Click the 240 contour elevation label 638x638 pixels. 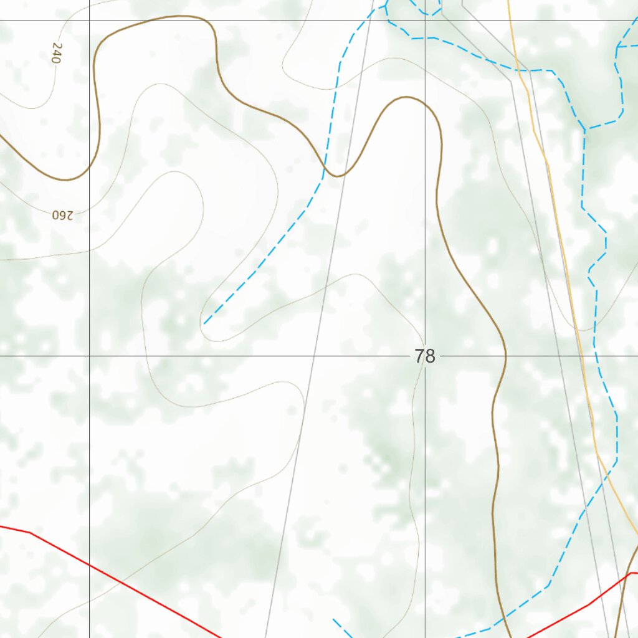[57, 54]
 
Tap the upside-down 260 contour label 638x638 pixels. [62, 215]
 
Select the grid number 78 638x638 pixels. [425, 356]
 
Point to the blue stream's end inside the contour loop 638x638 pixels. [204, 323]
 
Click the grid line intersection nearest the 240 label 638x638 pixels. [89, 21]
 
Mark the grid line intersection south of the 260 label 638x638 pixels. [89, 356]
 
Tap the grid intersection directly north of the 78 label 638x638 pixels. [426, 21]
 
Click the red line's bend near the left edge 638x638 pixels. [30, 533]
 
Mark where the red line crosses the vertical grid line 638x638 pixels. [89, 564]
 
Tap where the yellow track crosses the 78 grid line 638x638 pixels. [584, 356]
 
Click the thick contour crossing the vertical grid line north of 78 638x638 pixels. [426, 102]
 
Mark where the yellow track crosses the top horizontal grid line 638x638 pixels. [510, 21]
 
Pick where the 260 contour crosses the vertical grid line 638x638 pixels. [89, 251]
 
